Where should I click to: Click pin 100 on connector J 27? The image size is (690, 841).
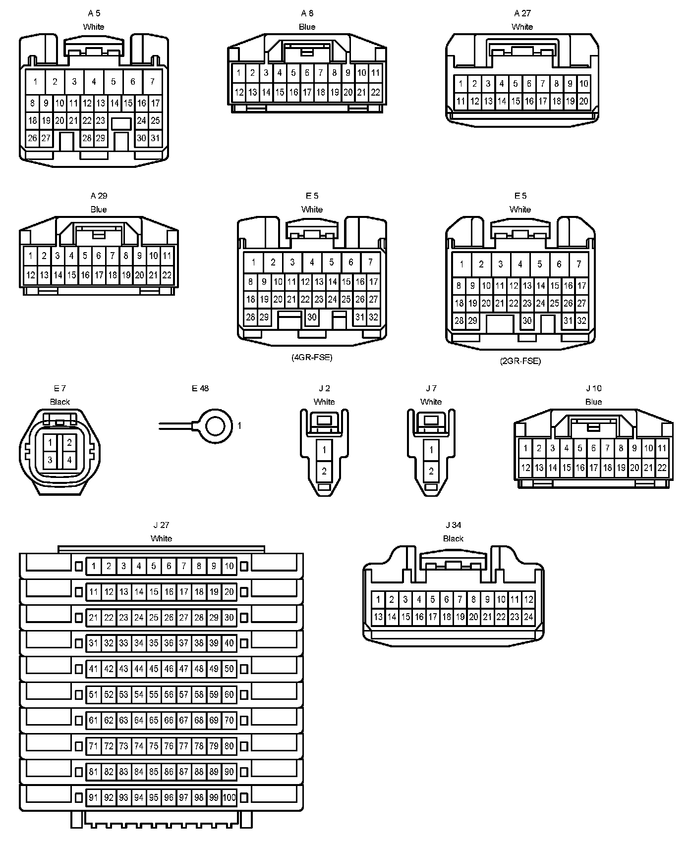click(x=229, y=797)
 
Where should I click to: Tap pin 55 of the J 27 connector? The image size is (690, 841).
click(x=154, y=694)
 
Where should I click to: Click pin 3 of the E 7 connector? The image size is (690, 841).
click(x=50, y=460)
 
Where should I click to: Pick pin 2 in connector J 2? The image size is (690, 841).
click(x=324, y=471)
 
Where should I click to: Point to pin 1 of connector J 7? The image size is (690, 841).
click(x=431, y=450)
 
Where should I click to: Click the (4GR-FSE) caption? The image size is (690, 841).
click(x=312, y=357)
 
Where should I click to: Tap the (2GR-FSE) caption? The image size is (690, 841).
click(x=520, y=361)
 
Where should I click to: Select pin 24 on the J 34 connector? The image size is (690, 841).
click(x=528, y=617)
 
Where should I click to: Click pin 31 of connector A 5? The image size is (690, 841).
click(x=155, y=138)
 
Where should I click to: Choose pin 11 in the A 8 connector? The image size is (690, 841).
click(x=375, y=73)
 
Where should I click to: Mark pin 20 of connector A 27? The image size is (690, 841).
click(x=583, y=102)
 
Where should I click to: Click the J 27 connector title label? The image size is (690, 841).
click(x=161, y=525)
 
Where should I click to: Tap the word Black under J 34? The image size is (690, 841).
click(x=453, y=538)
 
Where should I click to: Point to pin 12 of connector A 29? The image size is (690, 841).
click(x=31, y=275)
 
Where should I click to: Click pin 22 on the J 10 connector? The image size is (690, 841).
click(x=662, y=467)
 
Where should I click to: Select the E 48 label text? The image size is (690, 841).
click(x=200, y=388)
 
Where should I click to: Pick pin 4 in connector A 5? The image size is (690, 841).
click(x=94, y=82)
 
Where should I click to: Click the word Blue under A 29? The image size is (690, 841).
click(x=99, y=210)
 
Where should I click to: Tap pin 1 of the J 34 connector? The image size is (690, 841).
click(x=378, y=600)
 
